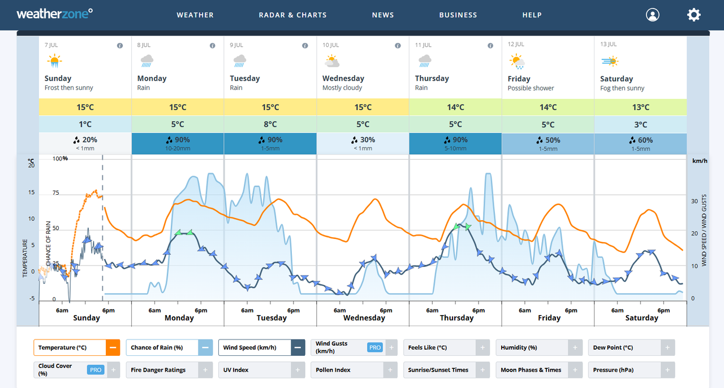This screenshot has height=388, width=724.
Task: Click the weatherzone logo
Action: point(54,14)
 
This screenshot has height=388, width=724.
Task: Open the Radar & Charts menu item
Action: point(292,15)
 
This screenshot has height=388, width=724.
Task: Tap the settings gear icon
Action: point(693,15)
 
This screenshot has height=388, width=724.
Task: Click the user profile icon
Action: point(652,15)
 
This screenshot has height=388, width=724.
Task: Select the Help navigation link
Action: point(532,15)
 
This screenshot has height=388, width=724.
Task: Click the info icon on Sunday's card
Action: point(120,46)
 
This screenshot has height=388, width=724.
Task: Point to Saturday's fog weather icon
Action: point(610,61)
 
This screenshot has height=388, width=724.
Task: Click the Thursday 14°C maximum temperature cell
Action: point(455,107)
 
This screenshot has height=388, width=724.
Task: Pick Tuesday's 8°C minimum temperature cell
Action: point(270,124)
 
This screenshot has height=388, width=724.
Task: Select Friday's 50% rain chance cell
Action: point(548,143)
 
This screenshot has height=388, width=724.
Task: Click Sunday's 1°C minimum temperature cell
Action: point(85,124)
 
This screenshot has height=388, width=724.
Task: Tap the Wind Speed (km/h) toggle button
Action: point(255,347)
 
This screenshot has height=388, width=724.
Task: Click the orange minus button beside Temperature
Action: point(113,347)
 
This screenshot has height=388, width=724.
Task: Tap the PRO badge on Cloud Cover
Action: point(96,370)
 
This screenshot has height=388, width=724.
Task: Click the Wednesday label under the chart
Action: point(364,318)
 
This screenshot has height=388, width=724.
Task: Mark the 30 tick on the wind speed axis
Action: point(695,201)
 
